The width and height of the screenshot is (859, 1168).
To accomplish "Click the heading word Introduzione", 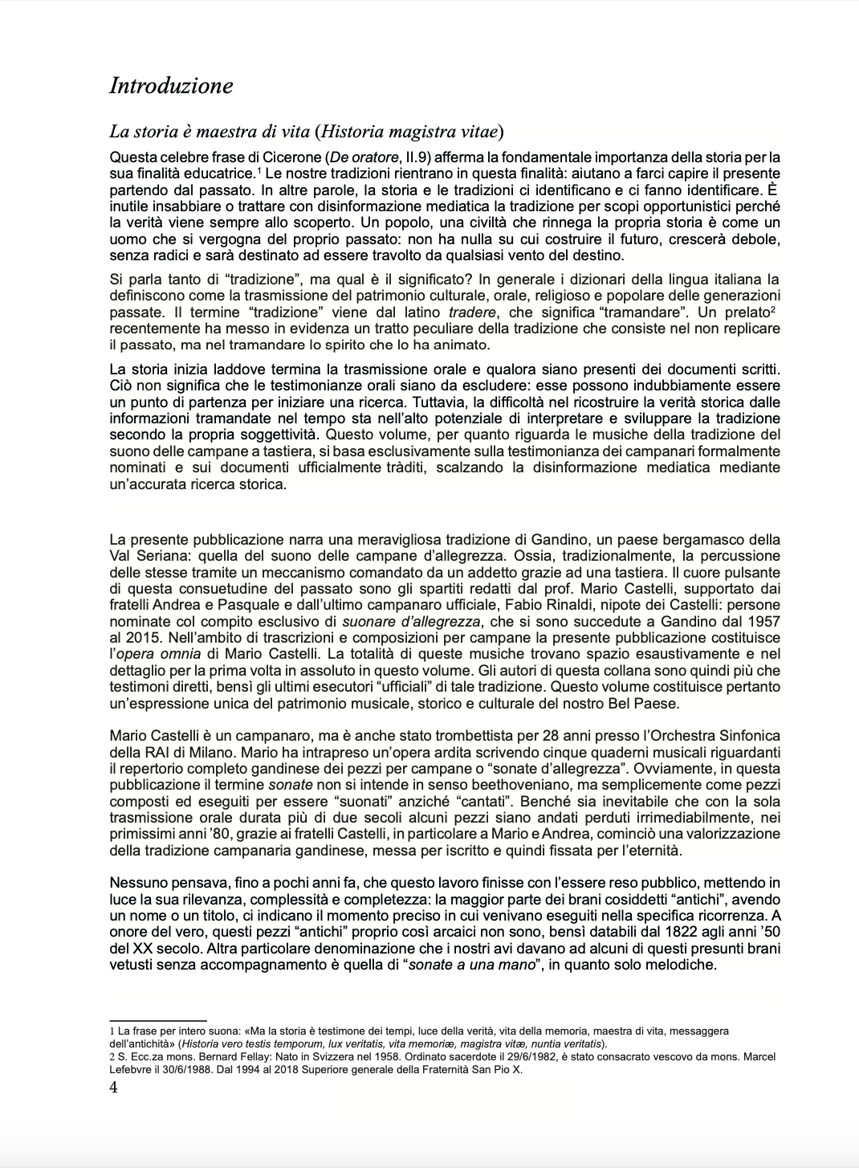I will tap(171, 86).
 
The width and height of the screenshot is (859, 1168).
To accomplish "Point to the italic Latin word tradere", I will tap(472, 312).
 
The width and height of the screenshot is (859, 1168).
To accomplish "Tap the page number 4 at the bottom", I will tap(113, 1088).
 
